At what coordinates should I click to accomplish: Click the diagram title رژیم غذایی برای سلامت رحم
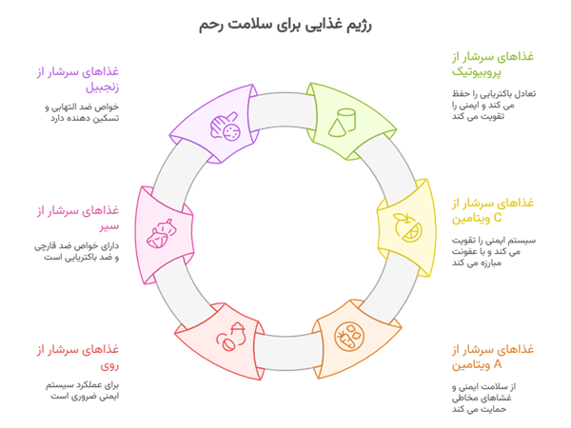click(285, 24)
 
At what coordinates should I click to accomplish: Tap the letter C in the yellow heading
click(456, 219)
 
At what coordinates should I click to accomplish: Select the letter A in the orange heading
click(456, 364)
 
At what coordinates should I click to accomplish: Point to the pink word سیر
click(111, 226)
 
